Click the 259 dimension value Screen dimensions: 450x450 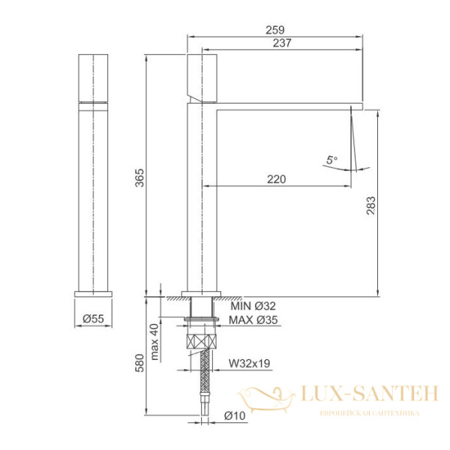point(275,30)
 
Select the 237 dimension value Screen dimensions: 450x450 point(282,43)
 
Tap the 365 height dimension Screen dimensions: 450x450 point(139,178)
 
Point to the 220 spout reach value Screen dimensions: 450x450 point(277,179)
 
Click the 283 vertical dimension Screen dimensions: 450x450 point(370,205)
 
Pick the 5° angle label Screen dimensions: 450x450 point(331,160)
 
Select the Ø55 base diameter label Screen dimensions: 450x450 point(93,319)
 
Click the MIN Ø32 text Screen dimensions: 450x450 point(253,306)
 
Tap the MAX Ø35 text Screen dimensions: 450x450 point(253,319)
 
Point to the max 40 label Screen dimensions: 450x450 point(154,342)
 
